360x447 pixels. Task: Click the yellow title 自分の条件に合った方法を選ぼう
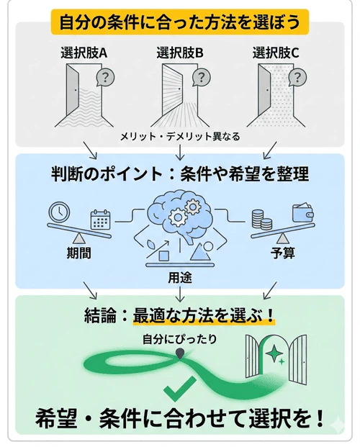180,19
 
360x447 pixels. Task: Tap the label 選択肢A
85,53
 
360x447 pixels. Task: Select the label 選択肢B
180,53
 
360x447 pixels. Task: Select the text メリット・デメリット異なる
179,136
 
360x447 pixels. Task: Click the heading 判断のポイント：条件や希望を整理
180,173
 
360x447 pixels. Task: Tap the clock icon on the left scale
58,213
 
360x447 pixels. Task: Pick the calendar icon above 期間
99,219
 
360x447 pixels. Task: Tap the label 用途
179,275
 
